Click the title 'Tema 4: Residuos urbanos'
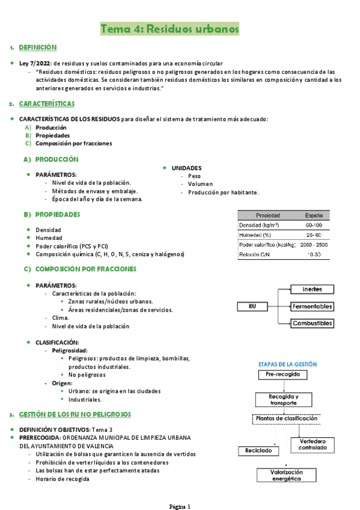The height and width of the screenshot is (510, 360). [x=170, y=29]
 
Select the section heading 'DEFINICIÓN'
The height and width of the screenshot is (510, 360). [x=38, y=47]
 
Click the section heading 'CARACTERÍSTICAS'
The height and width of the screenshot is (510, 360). [x=47, y=103]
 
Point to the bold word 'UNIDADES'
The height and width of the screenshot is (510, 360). [x=187, y=168]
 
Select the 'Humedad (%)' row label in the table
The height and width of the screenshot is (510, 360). [x=255, y=235]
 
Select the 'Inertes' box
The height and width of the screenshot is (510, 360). [x=312, y=289]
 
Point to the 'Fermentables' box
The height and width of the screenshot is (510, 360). [x=312, y=306]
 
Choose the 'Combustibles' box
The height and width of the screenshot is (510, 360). [x=312, y=323]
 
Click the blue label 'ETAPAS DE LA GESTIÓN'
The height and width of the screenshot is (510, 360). [x=287, y=364]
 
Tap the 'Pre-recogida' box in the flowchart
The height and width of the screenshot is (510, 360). [x=282, y=375]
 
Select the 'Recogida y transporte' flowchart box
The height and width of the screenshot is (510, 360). [x=282, y=400]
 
